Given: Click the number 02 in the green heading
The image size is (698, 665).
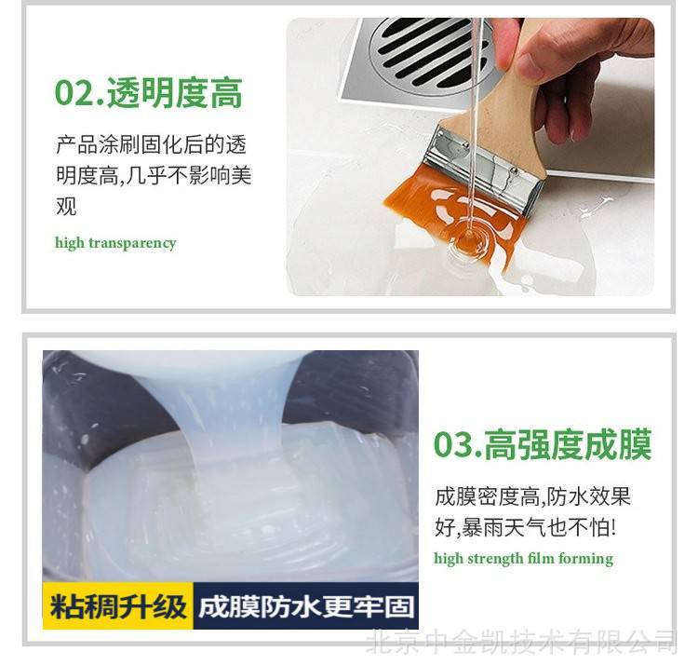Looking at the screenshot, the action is pyautogui.click(x=74, y=93).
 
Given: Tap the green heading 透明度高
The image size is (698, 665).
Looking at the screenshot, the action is pyautogui.click(x=175, y=93).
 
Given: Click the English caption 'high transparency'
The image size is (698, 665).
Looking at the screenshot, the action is pyautogui.click(x=115, y=243).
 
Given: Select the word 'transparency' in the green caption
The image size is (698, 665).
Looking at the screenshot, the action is pyautogui.click(x=133, y=244).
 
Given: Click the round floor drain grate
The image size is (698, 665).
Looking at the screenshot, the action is pyautogui.click(x=427, y=53).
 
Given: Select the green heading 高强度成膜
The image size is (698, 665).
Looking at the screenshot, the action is pyautogui.click(x=568, y=444).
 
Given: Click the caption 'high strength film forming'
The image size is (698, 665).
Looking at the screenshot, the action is pyautogui.click(x=523, y=559).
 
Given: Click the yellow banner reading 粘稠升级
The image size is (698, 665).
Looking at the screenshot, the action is pyautogui.click(x=118, y=605).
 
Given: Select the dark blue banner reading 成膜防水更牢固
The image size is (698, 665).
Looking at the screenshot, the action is pyautogui.click(x=306, y=605).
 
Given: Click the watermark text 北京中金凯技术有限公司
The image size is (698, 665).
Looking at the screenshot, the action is pyautogui.click(x=522, y=642).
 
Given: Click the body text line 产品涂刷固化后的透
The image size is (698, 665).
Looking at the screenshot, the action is pyautogui.click(x=152, y=144).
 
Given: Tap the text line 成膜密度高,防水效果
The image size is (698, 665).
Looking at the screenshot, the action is pyautogui.click(x=533, y=496).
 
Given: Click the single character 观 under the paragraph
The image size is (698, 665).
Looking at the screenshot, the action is pyautogui.click(x=66, y=206).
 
